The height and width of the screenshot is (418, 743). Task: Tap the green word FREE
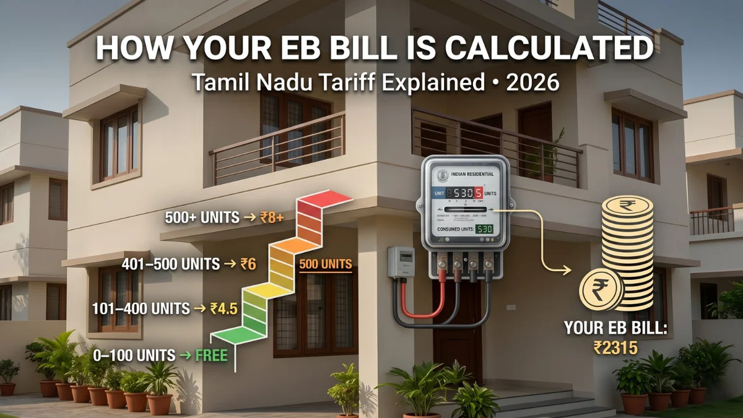(211, 355)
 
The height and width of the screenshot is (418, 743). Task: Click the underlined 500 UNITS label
(326, 264)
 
